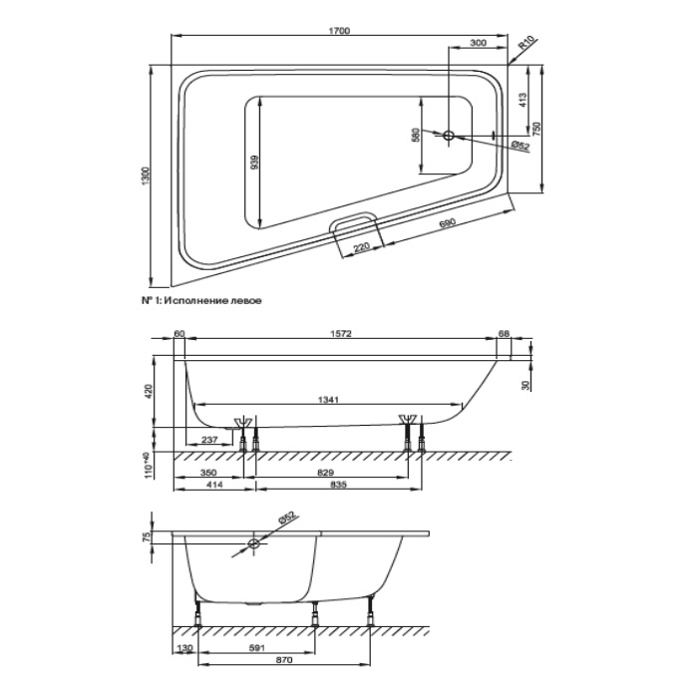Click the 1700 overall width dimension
click(341, 32)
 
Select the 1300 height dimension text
click(148, 176)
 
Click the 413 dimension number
click(522, 100)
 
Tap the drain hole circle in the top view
click(450, 134)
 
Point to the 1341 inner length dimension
click(330, 399)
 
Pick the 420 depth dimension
click(148, 390)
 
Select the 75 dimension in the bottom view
click(148, 536)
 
